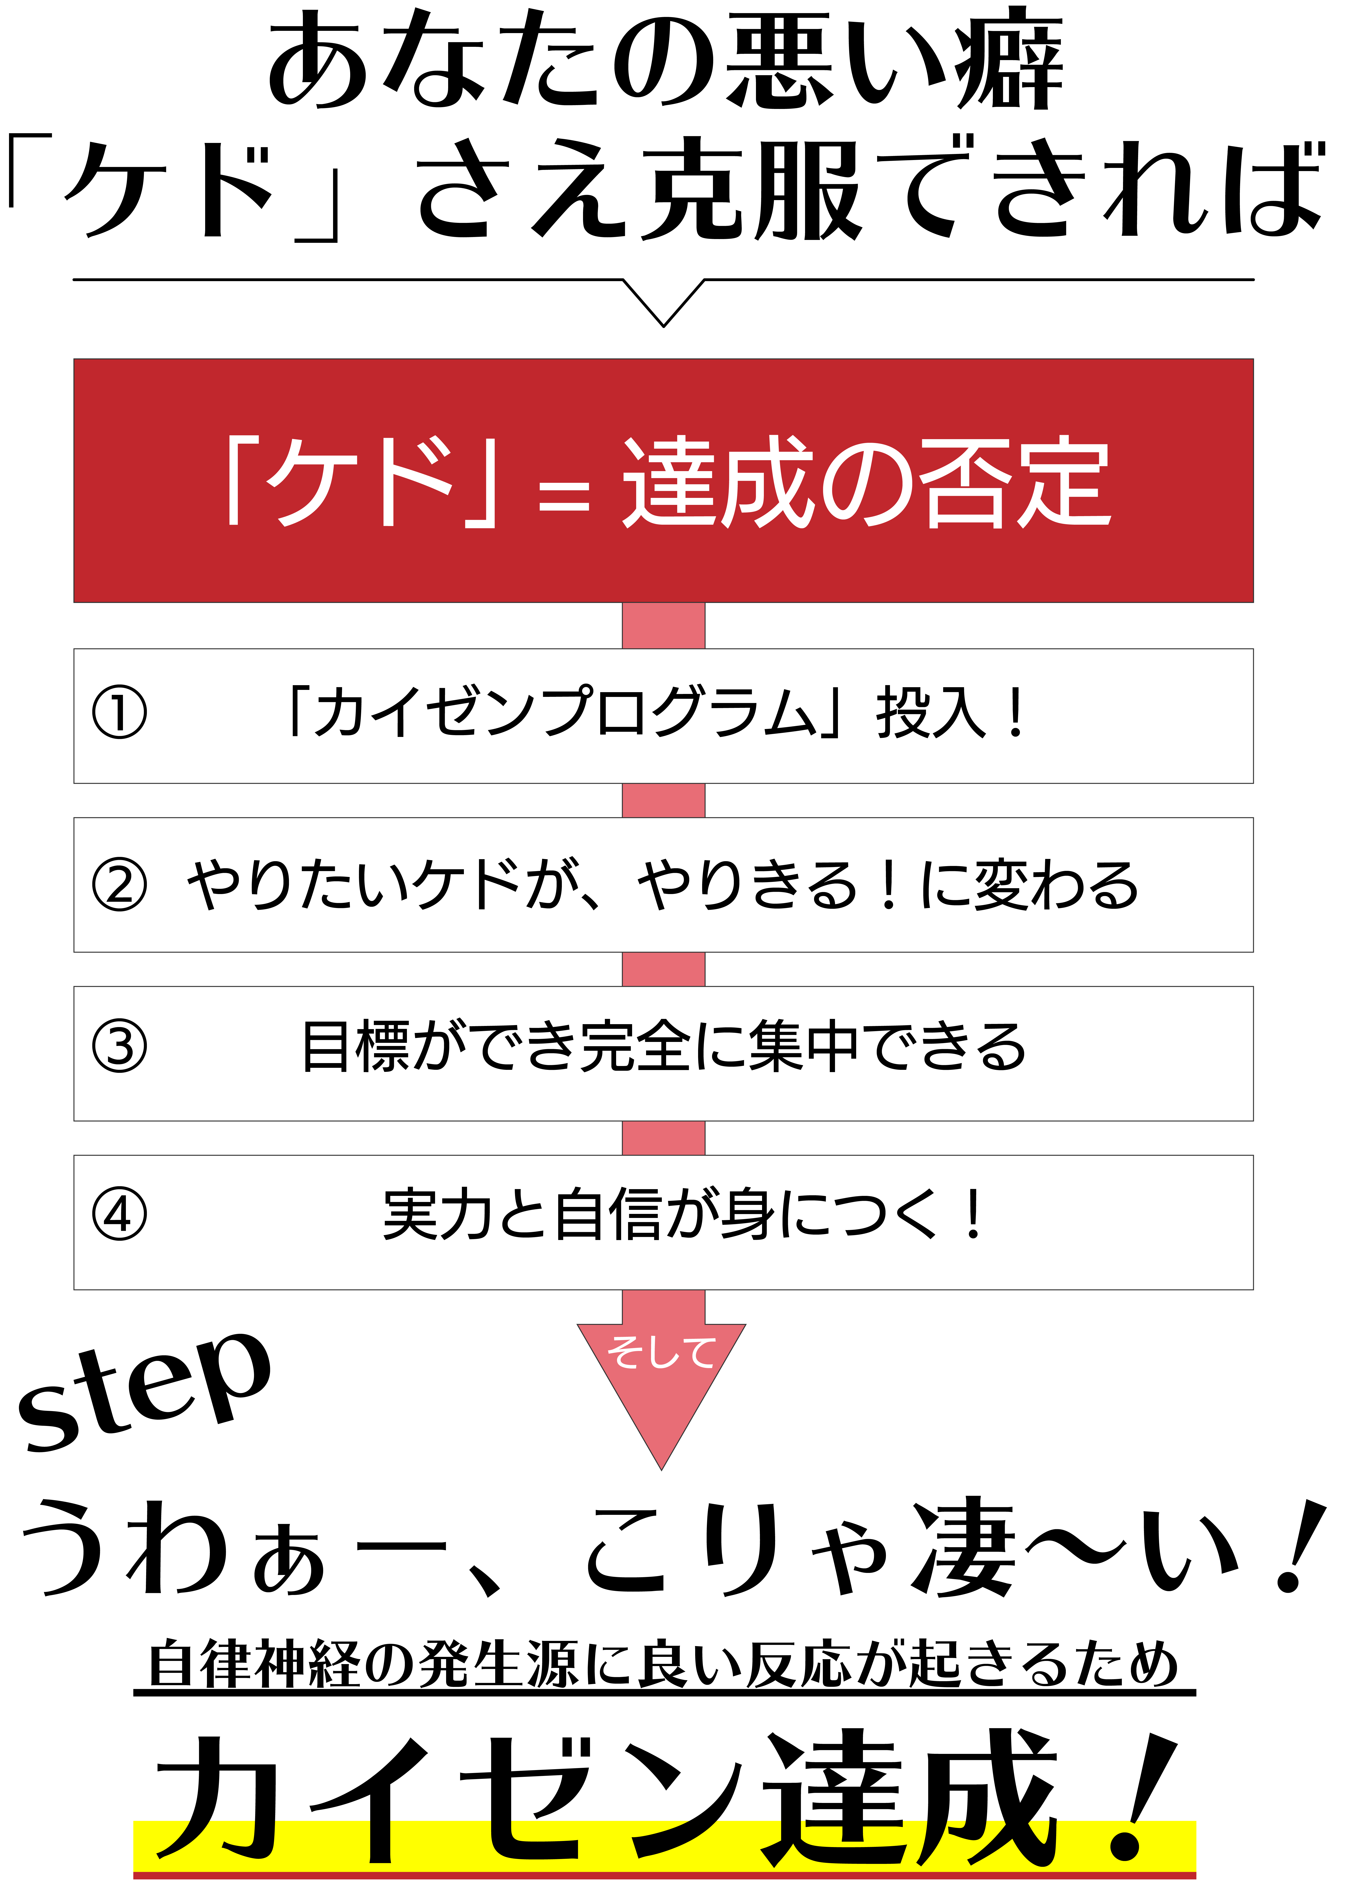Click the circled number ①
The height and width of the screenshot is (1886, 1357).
119,713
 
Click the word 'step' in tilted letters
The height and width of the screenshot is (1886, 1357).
146,1389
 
